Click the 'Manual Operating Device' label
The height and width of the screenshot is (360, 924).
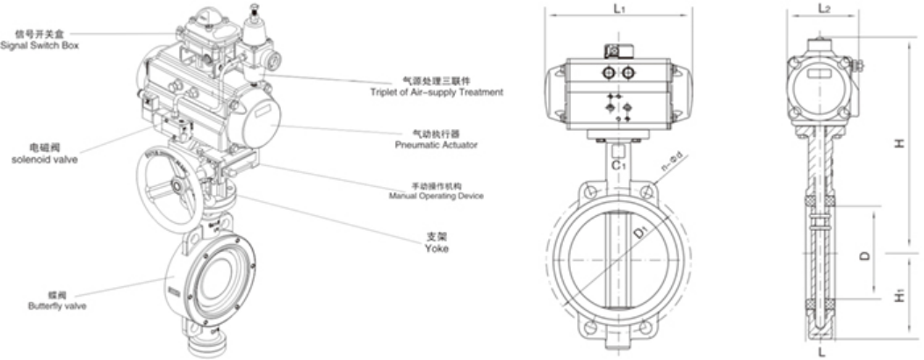[x=436, y=191]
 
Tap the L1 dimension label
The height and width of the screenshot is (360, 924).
[x=619, y=11]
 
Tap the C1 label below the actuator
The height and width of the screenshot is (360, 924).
[x=619, y=162]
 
